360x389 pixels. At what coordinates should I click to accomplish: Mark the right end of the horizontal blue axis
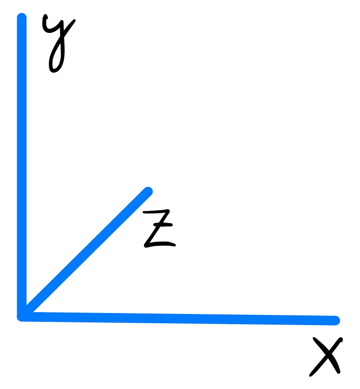pyautogui.click(x=335, y=320)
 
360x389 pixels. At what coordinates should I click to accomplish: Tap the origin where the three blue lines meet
pyautogui.click(x=22, y=317)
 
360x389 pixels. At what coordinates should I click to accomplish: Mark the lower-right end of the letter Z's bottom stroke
pyautogui.click(x=174, y=245)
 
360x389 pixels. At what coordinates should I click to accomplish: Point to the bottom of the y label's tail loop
pyautogui.click(x=53, y=71)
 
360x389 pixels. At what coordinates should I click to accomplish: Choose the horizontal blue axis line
pyautogui.click(x=179, y=319)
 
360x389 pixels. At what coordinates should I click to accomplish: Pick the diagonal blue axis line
pyautogui.click(x=85, y=254)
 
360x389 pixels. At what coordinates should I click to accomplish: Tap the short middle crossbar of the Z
pyautogui.click(x=163, y=225)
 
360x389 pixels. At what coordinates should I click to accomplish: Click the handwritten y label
pyautogui.click(x=58, y=44)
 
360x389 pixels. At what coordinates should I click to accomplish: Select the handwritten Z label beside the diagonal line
pyautogui.click(x=159, y=228)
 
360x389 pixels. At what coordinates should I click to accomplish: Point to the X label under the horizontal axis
pyautogui.click(x=326, y=357)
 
